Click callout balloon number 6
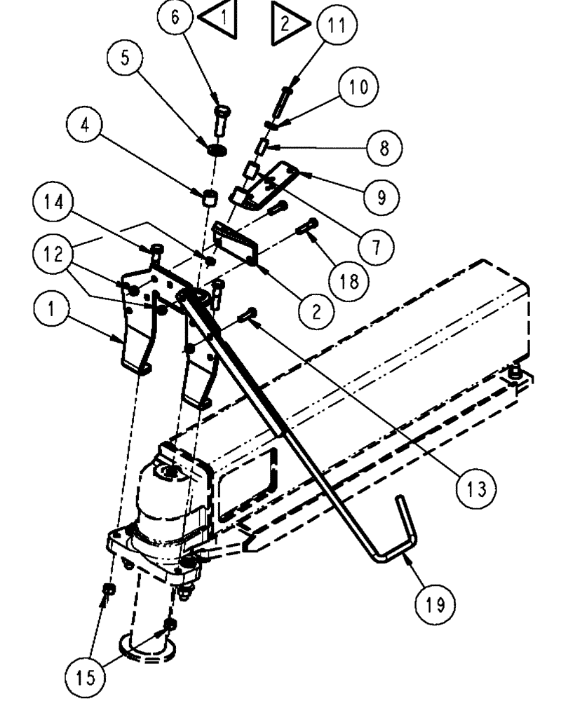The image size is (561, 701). click(175, 18)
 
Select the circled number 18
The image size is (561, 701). click(349, 282)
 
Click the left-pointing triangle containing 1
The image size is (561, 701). click(218, 20)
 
